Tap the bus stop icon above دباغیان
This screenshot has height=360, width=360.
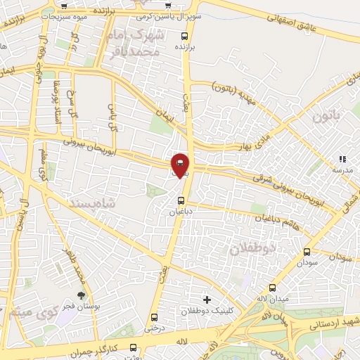pyautogui.click(x=181, y=200)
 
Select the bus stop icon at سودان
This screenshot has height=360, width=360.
pyautogui.click(x=307, y=252)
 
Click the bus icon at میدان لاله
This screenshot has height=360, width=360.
pyautogui.click(x=273, y=288)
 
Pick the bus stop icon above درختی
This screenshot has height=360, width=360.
pyautogui.click(x=154, y=317)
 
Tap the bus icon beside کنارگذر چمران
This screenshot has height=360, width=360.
pyautogui.click(x=134, y=347)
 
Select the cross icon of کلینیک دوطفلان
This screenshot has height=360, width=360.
pyautogui.click(x=206, y=300)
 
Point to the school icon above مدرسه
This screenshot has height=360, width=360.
pyautogui.click(x=343, y=160)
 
